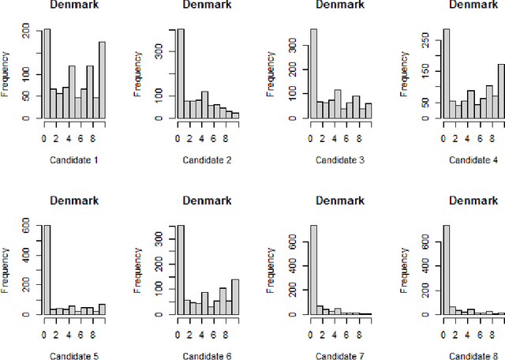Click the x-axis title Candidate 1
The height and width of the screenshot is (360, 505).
pos(75,160)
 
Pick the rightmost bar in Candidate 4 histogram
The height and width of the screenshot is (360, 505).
pos(500,92)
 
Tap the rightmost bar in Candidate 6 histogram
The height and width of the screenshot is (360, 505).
pos(234,297)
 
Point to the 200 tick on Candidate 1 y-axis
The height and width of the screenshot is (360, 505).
pos(27,32)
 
